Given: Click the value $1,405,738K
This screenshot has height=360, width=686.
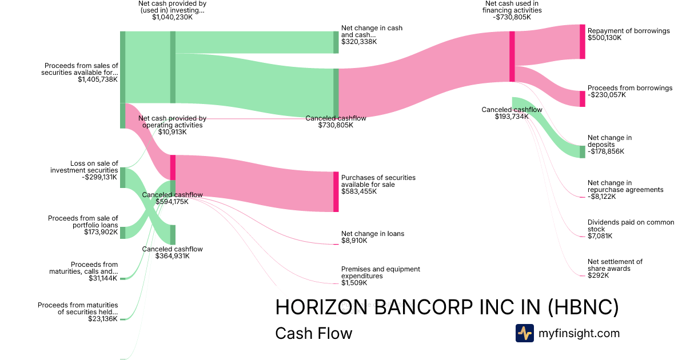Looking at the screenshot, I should tap(98, 79).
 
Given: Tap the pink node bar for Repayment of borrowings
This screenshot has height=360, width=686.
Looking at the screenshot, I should tap(583, 42).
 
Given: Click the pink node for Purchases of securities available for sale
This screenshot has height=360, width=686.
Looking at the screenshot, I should tap(336, 191).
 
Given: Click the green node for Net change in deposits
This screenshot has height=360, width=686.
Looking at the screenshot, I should tap(583, 151).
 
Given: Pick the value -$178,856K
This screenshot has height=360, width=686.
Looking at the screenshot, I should tap(606, 151).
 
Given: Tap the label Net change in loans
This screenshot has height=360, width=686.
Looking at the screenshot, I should tap(373, 234).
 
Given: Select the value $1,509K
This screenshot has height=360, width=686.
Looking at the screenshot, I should tap(354, 283).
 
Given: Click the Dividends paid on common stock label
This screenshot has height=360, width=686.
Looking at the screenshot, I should tap(631, 225).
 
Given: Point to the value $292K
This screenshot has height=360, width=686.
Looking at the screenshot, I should tap(598, 275).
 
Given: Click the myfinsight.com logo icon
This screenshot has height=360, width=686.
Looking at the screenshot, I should tap(524, 333).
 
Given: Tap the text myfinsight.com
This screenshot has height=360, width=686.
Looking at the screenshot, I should tap(579, 333).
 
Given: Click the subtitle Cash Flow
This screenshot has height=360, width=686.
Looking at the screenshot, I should tap(314, 333).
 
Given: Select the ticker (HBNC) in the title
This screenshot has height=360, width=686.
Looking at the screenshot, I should tap(583, 307).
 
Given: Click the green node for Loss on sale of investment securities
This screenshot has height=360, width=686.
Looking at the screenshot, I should tap(122, 178).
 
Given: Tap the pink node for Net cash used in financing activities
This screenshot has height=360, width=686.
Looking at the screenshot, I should tap(512, 56).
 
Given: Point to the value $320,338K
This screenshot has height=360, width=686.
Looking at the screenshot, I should tap(359, 42).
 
